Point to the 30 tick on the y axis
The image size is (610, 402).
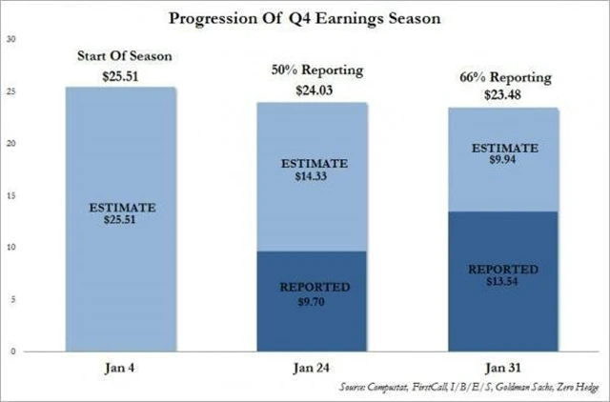point(10,40)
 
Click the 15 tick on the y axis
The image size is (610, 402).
point(10,195)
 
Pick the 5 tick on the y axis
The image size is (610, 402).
point(11,299)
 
